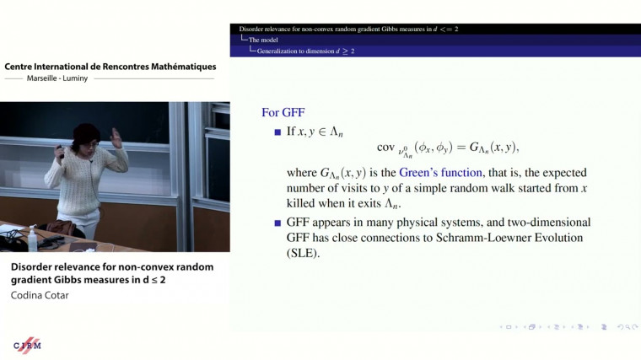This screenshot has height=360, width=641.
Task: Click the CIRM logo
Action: click(x=28, y=346)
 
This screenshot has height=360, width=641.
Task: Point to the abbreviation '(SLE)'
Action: click(x=304, y=253)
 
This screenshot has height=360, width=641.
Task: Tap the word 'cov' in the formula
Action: click(x=385, y=148)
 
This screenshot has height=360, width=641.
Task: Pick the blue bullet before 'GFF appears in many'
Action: click(x=277, y=223)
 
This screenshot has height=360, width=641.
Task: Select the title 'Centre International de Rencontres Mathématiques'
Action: click(x=110, y=67)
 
